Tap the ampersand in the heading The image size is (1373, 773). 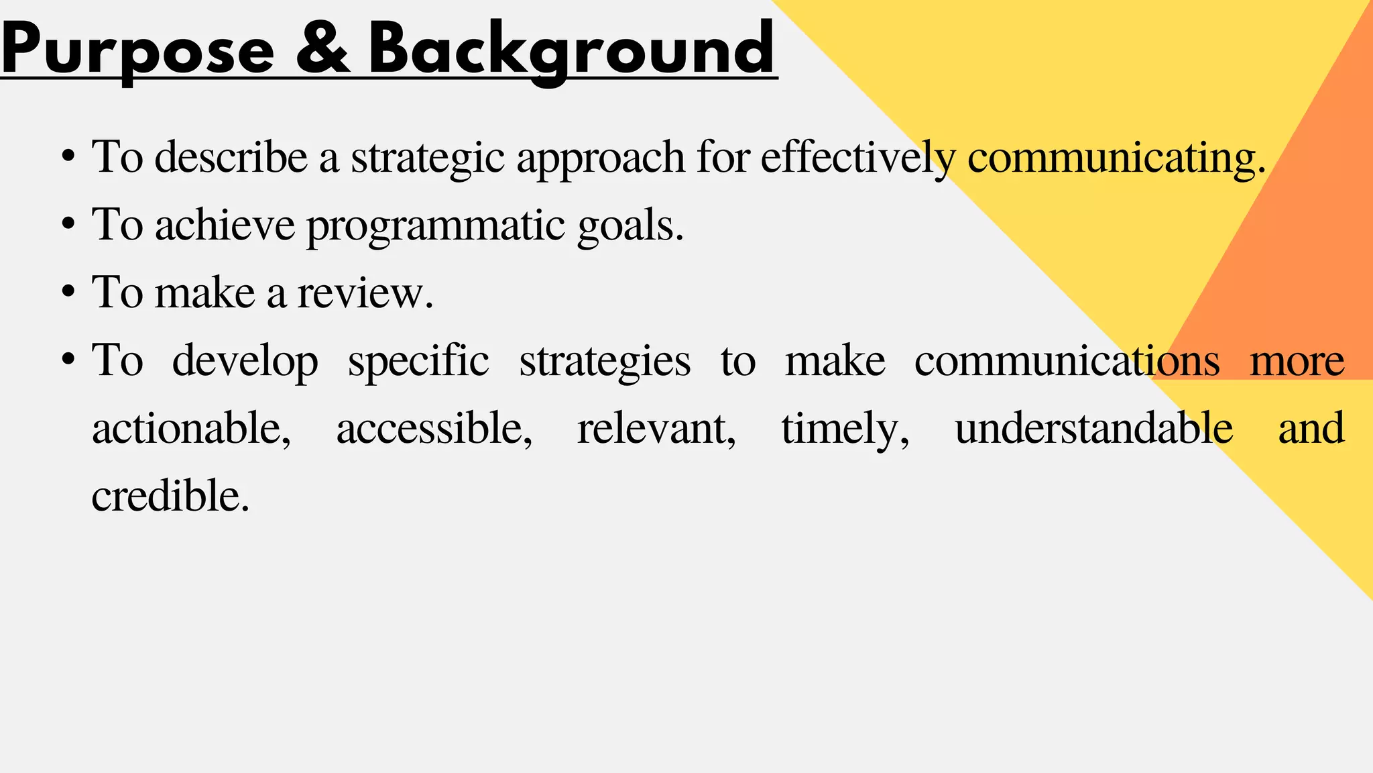(x=322, y=48)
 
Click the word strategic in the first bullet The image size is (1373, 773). (x=427, y=158)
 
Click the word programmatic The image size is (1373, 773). (x=436, y=226)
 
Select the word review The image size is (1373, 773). (x=365, y=293)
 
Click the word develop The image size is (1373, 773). (x=245, y=362)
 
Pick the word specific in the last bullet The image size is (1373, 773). (x=418, y=362)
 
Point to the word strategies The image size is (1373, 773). (x=605, y=362)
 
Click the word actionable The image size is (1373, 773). (x=191, y=429)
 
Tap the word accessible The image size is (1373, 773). (x=434, y=429)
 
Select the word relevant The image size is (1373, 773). (x=656, y=429)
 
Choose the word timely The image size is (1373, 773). (x=845, y=429)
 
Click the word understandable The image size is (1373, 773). (x=1093, y=429)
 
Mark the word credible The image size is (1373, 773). (x=170, y=497)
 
